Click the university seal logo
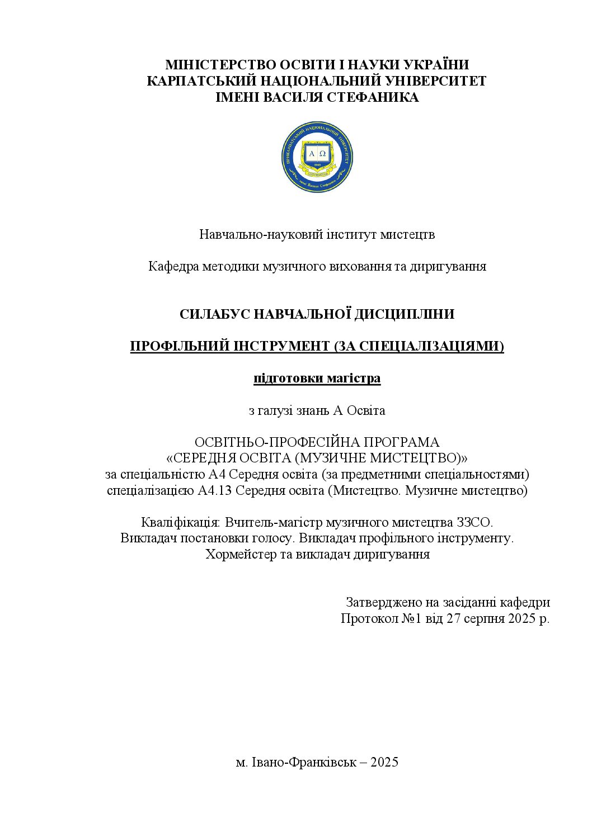(317, 157)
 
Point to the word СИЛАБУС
(214, 314)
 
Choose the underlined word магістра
(354, 379)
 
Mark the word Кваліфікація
(181, 523)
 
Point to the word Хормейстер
(241, 555)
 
